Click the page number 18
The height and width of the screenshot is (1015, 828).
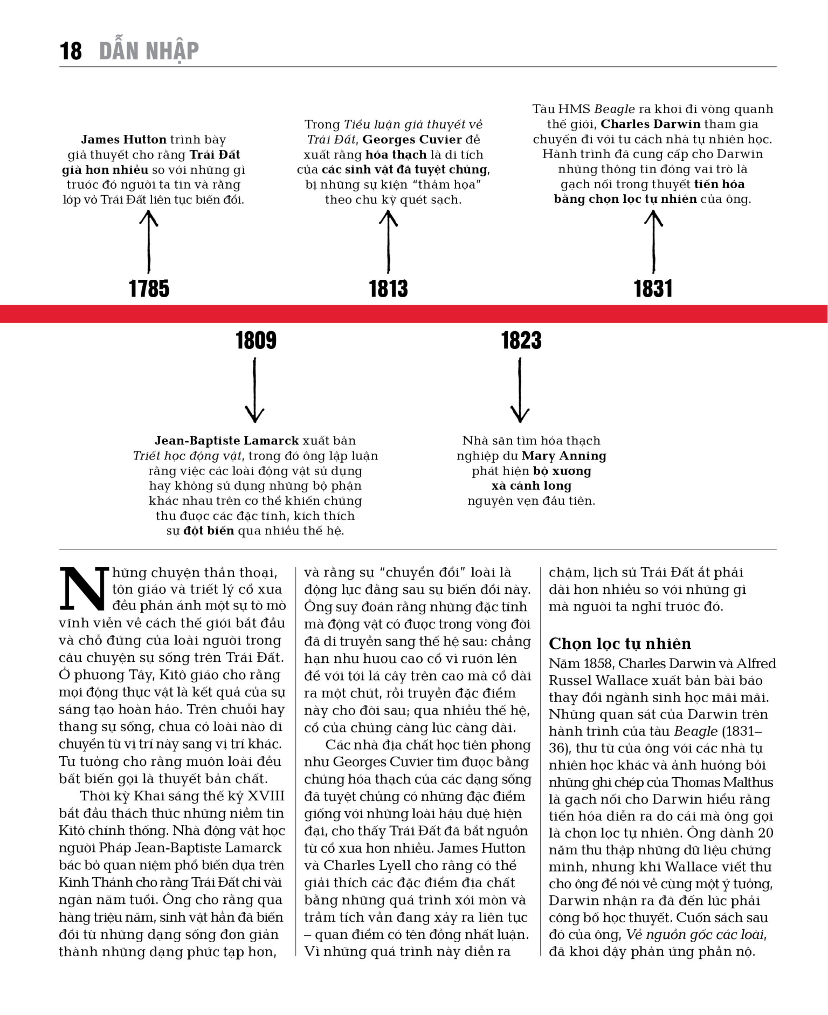(x=71, y=51)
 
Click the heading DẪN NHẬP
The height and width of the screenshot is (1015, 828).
(x=149, y=51)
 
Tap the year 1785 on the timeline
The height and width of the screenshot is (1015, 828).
(x=149, y=289)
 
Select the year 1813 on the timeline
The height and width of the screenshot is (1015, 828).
(x=388, y=289)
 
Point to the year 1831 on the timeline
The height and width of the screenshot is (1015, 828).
(x=653, y=289)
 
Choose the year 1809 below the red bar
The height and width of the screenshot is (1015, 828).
(x=256, y=340)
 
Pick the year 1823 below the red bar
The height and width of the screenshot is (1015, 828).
(x=521, y=340)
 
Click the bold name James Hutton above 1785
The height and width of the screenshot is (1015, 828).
(x=123, y=140)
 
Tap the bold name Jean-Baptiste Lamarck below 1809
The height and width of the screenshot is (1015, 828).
(x=226, y=441)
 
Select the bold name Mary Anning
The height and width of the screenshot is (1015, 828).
(x=564, y=456)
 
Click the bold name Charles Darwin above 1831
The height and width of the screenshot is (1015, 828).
(x=650, y=124)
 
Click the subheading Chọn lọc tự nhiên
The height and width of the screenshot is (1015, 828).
(x=619, y=643)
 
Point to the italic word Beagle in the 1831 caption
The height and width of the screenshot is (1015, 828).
(x=615, y=109)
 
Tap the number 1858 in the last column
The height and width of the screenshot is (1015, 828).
(x=596, y=663)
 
